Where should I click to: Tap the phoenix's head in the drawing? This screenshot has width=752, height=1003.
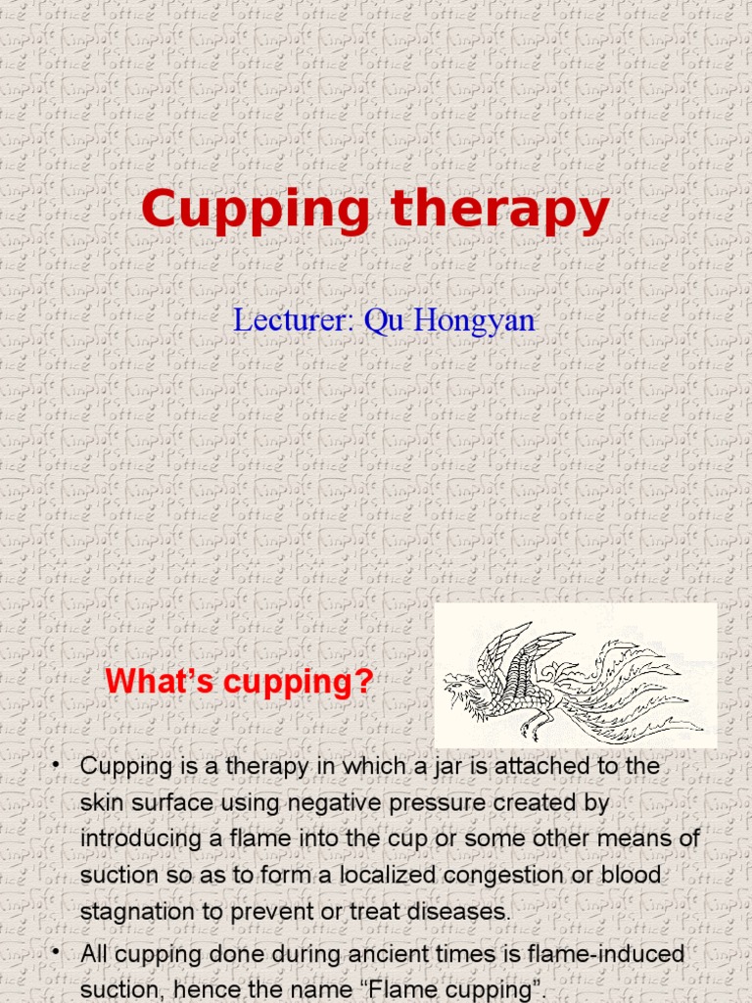click(x=459, y=685)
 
